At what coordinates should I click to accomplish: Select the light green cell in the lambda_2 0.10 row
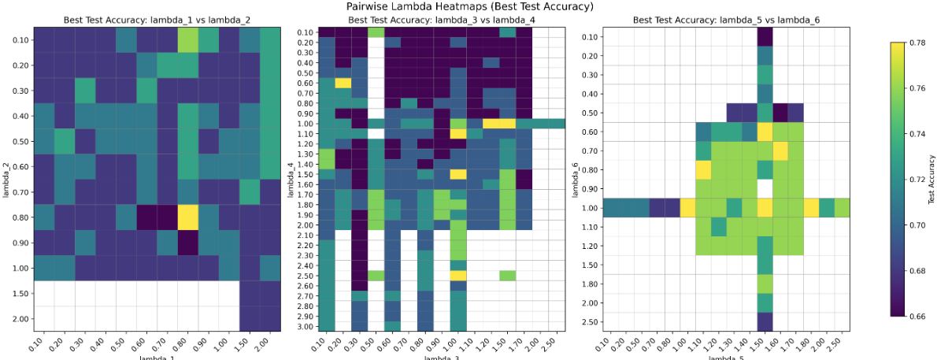pyautogui.click(x=187, y=40)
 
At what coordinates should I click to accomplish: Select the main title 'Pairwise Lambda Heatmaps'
pyautogui.click(x=469, y=6)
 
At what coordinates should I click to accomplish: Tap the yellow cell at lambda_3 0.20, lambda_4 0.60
pyautogui.click(x=343, y=83)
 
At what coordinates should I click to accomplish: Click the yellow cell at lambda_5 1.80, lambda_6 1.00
pyautogui.click(x=812, y=208)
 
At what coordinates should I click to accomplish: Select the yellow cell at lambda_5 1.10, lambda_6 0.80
pyautogui.click(x=703, y=169)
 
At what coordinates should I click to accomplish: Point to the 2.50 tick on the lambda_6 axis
pyautogui.click(x=591, y=322)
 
